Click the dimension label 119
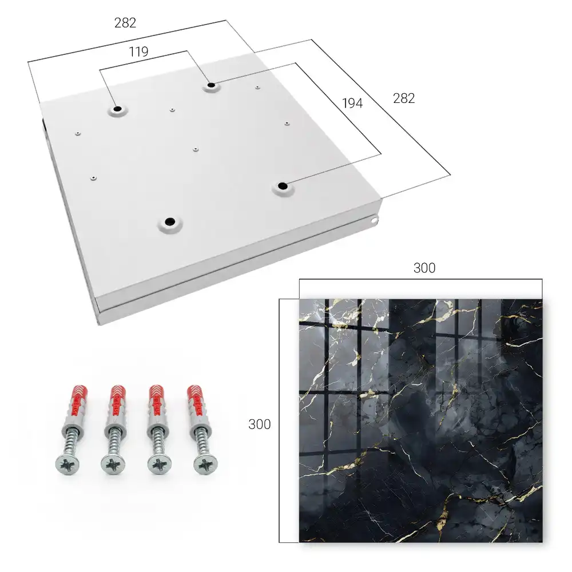138,52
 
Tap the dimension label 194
352,104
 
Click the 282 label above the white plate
125,23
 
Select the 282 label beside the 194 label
404,98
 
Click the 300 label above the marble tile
424,268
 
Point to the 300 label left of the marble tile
259,424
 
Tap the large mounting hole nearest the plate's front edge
170,221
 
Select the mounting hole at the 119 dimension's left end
117,109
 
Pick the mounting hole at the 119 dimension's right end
211,86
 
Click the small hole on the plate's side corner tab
374,221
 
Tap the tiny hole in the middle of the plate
196,149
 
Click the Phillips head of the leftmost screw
67,465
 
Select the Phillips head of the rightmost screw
205,464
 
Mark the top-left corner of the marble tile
300,300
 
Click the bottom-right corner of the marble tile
542,542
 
